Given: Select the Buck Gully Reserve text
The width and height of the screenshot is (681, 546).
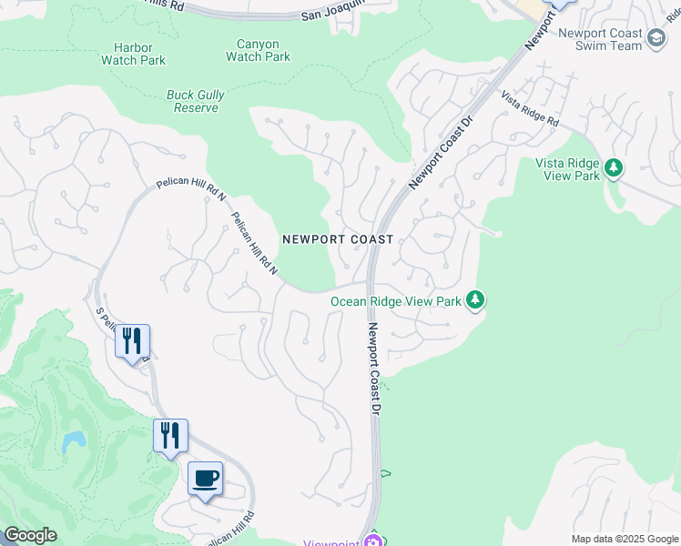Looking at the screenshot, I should [x=196, y=101].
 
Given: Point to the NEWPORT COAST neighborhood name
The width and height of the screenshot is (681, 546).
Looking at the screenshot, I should [x=337, y=239].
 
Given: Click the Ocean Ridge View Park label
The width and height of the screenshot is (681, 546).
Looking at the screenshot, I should [x=395, y=301].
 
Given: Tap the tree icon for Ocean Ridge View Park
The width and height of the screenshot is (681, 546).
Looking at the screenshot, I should [x=474, y=299].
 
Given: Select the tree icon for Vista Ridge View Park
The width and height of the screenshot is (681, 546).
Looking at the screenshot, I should [x=614, y=167].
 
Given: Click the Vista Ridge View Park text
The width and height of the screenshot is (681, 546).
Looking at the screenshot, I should [x=567, y=169].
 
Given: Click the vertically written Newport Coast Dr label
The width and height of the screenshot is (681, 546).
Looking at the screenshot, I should [x=372, y=369].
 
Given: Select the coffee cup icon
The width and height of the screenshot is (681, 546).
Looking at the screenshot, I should [x=206, y=477].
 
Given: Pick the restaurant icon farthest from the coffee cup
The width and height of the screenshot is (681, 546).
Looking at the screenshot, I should [x=132, y=340].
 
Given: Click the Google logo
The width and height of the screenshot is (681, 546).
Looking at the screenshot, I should [x=29, y=535].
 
